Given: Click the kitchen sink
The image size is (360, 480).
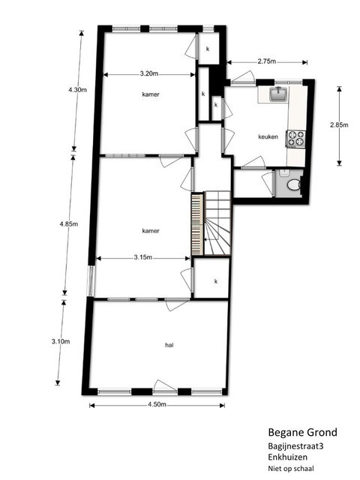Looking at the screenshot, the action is [278, 94].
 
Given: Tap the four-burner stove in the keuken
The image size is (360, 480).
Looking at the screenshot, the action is [295, 138].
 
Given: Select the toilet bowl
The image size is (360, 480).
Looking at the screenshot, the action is [293, 185].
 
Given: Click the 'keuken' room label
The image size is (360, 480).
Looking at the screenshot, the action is [268, 136].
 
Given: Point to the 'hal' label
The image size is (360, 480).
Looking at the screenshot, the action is [169, 345].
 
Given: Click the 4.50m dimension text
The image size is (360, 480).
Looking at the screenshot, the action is [157, 404].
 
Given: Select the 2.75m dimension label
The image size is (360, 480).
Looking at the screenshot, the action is [267, 61].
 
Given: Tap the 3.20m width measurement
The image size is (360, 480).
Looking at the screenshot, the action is [149, 73].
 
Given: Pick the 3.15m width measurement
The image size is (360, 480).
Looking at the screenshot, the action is [142, 257].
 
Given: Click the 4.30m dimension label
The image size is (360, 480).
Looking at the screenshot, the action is [77, 90].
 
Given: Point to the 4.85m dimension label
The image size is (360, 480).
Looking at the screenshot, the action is [68, 224].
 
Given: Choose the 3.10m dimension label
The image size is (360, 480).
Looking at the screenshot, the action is [61, 341].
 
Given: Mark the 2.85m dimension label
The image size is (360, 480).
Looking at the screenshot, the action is [339, 125].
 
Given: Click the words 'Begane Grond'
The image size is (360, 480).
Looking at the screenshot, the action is [303, 432].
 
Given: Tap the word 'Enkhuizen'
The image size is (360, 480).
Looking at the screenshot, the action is [288, 457].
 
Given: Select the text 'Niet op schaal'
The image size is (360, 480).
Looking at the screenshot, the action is [291, 468].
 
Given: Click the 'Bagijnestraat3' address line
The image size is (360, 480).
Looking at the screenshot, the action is [295, 446].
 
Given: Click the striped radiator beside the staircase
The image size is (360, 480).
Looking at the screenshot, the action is [197, 224].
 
